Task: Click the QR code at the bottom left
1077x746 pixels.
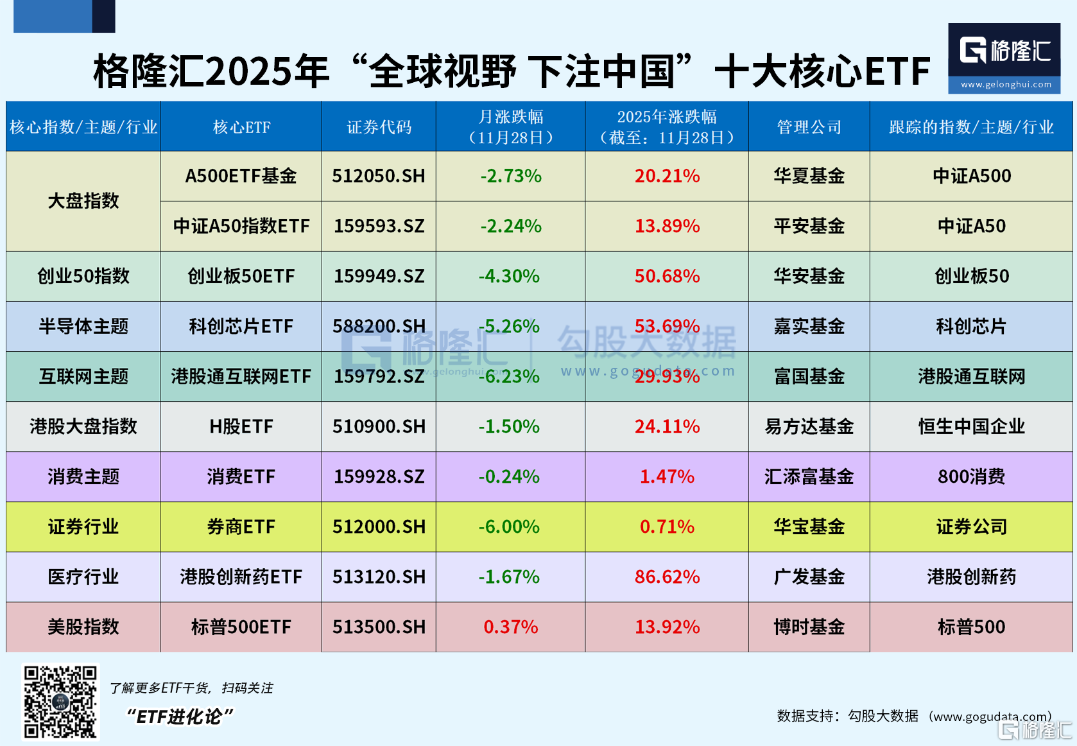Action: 60,702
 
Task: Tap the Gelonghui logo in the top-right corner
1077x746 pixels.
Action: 1004,58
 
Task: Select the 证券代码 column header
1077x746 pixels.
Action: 379,127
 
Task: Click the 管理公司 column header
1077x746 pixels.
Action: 809,127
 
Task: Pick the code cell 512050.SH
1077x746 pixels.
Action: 379,176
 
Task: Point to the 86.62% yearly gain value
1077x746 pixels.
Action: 667,577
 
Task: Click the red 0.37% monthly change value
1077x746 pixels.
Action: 510,627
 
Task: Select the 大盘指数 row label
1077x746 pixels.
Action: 83,201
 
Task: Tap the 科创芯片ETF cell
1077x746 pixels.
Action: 241,326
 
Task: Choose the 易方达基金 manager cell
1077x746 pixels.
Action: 809,426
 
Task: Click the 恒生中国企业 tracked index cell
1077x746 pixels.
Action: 971,426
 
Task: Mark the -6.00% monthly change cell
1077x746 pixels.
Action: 509,526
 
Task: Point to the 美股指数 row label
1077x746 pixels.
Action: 83,627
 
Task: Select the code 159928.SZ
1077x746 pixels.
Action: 379,476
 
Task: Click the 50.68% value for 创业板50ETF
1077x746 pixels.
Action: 667,276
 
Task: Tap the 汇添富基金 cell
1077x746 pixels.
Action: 809,476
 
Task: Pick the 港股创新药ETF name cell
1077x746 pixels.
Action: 241,577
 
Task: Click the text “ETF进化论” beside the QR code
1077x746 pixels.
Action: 180,716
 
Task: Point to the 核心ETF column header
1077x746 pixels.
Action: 241,127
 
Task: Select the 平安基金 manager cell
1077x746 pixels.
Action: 809,226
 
